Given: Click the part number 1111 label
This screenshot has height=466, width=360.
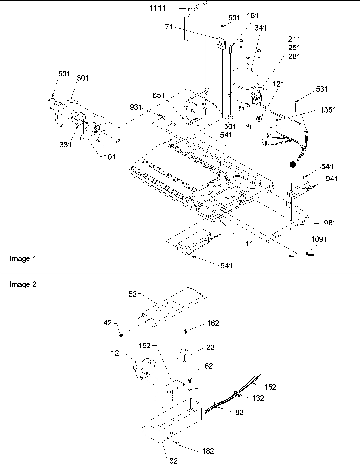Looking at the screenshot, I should tap(157, 7).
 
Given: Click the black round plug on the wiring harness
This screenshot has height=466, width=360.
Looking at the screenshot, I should tap(292, 165).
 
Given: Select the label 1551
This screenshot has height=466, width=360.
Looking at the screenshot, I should tap(328, 110).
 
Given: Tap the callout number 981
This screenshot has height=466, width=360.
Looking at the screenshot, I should tap(330, 223).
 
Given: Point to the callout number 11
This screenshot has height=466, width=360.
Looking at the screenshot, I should tap(249, 243).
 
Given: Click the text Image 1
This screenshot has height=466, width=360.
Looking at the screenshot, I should tap(23, 259).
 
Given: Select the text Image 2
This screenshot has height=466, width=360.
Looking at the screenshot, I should tap(23, 284).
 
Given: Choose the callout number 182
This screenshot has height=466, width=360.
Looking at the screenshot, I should tap(208, 451).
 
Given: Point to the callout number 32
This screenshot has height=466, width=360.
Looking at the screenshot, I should tap(173, 461).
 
